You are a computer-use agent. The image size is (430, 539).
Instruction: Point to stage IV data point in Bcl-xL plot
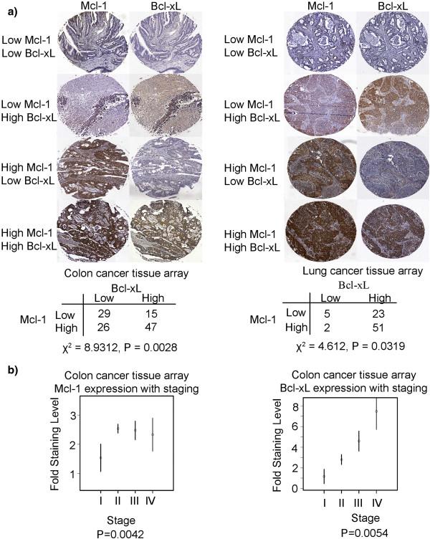pos(376,411)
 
